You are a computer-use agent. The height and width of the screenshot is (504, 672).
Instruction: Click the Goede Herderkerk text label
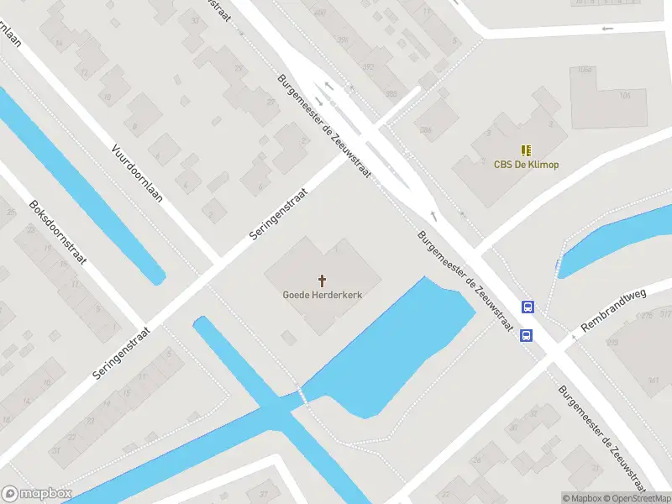(322, 294)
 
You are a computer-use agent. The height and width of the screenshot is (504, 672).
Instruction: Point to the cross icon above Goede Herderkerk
(322, 279)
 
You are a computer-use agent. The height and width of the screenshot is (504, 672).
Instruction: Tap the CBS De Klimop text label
(526, 165)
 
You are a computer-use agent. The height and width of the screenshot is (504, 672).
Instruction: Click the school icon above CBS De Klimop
(526, 150)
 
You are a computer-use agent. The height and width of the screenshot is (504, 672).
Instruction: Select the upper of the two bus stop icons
(528, 307)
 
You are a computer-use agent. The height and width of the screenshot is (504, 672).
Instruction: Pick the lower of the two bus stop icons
(526, 336)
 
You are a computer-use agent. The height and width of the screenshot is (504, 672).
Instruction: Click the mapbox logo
(37, 494)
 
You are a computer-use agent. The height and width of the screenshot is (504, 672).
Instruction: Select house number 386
(425, 129)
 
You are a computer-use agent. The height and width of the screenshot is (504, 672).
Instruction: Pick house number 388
(391, 94)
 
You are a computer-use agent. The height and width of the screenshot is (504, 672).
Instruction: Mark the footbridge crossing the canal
(301, 394)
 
